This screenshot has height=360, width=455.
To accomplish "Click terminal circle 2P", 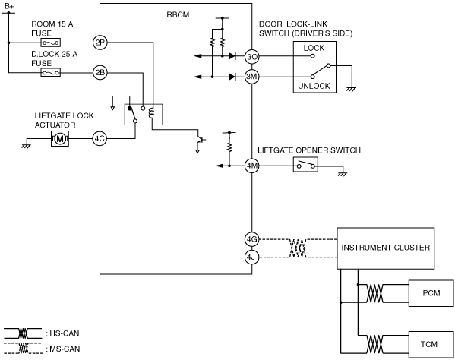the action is pyautogui.click(x=100, y=43).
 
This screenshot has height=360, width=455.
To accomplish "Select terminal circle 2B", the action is pyautogui.click(x=100, y=72).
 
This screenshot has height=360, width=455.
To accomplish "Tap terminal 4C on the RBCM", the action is pyautogui.click(x=100, y=139).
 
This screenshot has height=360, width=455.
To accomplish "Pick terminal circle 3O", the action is pyautogui.click(x=251, y=56).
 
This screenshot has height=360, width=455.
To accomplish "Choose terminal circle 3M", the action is pyautogui.click(x=251, y=77).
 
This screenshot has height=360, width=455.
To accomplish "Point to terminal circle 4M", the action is pyautogui.click(x=251, y=166).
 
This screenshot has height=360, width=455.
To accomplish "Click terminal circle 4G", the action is pyautogui.click(x=251, y=239).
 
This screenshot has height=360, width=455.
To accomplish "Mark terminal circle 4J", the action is pyautogui.click(x=251, y=257).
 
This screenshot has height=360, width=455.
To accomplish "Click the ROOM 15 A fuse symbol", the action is pyautogui.click(x=50, y=43).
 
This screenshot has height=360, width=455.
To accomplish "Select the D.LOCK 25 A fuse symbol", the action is pyautogui.click(x=50, y=72).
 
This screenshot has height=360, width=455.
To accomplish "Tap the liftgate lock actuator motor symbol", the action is pyautogui.click(x=60, y=139).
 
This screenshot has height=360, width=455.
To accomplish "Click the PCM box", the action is pyautogui.click(x=431, y=293).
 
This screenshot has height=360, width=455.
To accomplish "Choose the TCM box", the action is pyautogui.click(x=431, y=344).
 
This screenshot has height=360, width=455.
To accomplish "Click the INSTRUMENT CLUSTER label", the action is pyautogui.click(x=385, y=248).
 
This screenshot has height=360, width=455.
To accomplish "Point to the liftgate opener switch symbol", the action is pyautogui.click(x=305, y=165).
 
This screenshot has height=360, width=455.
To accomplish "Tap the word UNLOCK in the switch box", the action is pyautogui.click(x=314, y=86).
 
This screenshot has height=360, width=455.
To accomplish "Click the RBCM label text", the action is pyautogui.click(x=178, y=14).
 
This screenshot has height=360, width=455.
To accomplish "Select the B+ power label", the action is pyautogui.click(x=9, y=6).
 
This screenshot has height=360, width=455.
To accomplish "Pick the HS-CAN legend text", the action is pyautogui.click(x=63, y=333).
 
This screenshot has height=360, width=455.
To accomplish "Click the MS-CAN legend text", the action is pyautogui.click(x=63, y=349).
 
